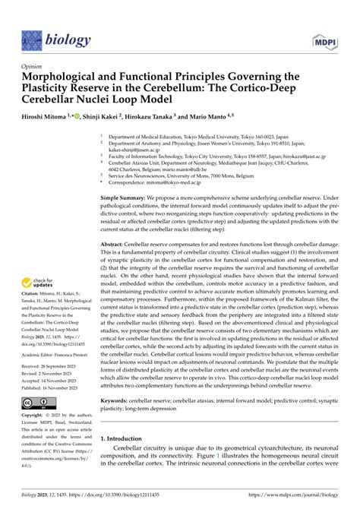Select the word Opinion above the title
pos(33,67)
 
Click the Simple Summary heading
pos(125,197)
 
